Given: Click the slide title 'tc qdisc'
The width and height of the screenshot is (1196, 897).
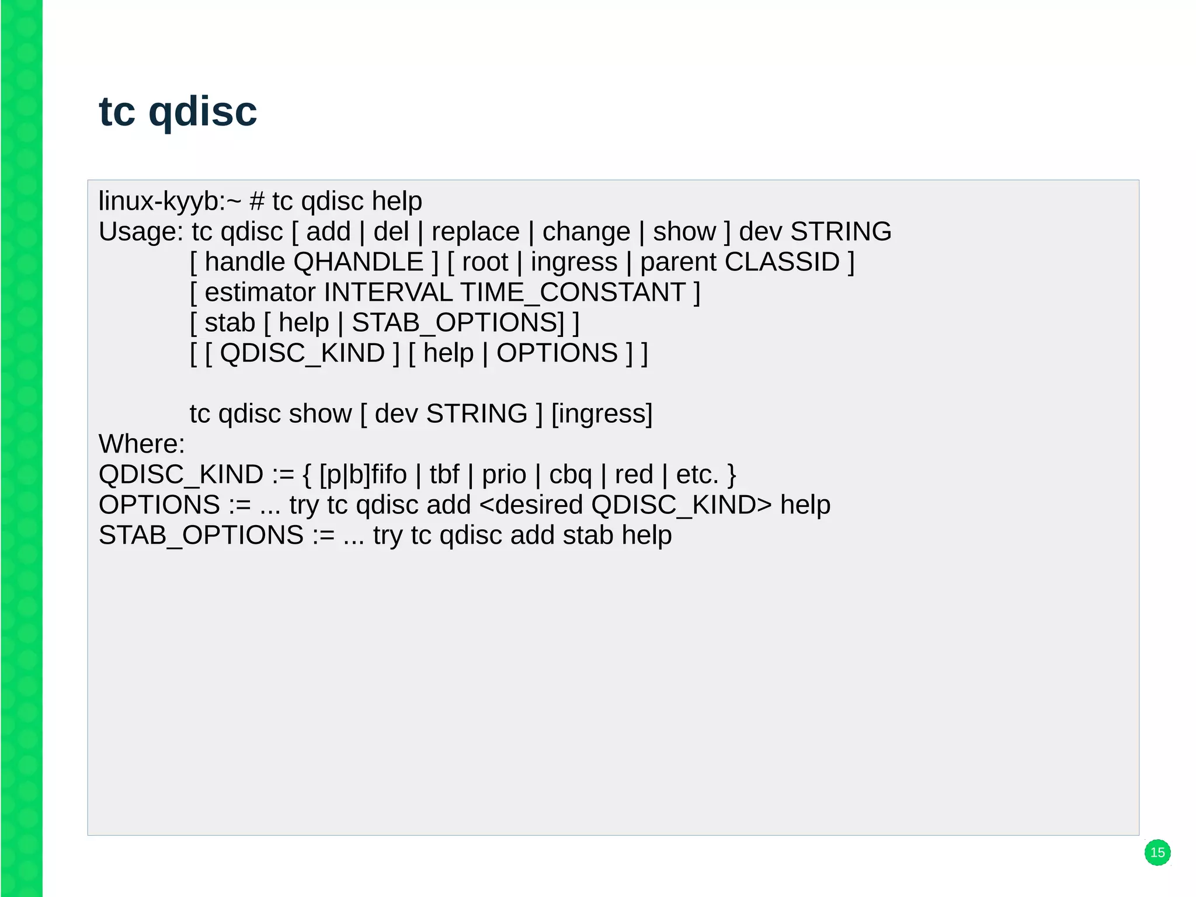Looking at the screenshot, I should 178,111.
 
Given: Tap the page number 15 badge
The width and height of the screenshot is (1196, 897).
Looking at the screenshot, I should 1157,852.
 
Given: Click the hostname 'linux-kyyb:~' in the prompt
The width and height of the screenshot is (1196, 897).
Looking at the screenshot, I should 169,201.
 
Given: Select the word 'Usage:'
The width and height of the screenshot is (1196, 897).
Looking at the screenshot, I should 141,232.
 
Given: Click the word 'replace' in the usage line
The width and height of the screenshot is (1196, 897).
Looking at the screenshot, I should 475,232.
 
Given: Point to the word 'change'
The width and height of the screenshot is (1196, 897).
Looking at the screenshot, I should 586,232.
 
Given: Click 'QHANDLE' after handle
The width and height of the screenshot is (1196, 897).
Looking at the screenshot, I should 358,262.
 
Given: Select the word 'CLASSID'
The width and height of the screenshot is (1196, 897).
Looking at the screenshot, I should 781,262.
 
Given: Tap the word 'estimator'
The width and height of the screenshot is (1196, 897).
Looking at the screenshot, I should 260,293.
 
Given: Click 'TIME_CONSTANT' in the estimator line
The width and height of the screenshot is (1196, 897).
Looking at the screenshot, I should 573,293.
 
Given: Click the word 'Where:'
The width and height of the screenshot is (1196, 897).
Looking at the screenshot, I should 141,444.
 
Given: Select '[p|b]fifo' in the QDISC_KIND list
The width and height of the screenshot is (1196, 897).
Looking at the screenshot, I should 363,475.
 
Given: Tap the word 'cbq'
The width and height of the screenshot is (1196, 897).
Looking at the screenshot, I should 570,475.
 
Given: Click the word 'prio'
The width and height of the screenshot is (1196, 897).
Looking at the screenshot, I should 503,475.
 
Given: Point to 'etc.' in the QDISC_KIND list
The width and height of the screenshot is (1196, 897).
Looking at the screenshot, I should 697,475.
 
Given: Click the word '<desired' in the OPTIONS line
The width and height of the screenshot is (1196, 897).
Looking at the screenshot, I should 530,505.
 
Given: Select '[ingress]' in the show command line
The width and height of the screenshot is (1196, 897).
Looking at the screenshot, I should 602,414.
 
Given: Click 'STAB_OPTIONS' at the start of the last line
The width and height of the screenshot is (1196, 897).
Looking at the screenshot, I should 201,536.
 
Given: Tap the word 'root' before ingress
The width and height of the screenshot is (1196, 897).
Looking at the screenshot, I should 485,262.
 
